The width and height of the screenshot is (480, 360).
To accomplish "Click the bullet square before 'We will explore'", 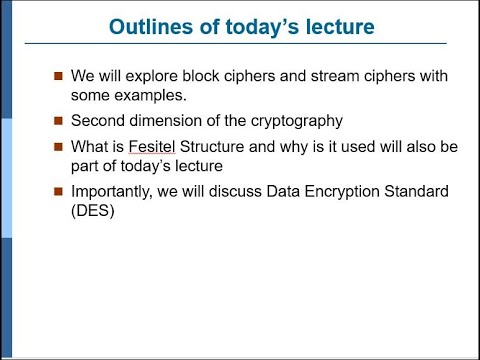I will click(x=59, y=78).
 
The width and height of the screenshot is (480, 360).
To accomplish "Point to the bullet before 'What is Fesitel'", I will click(x=59, y=147).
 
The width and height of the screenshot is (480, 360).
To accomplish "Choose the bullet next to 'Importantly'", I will click(x=59, y=192).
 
